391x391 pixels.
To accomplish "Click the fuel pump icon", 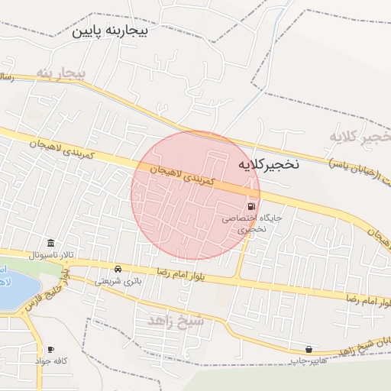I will coord(250,206).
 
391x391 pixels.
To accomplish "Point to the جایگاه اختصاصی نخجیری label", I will coord(251,223).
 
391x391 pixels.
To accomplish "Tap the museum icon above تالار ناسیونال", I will coord(50,242).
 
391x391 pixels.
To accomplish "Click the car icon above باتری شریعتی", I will coord(118,269).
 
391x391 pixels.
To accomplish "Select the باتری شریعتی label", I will coord(118,280).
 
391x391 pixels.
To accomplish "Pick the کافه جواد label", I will coord(51,360).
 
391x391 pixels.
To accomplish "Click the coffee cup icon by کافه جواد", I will coord(51,349).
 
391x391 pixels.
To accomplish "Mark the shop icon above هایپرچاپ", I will coord(308,348).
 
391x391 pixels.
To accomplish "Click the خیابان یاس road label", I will coord(359,161).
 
